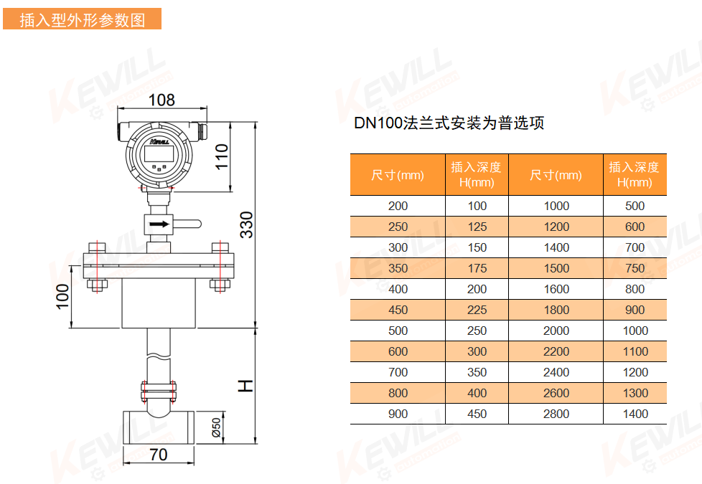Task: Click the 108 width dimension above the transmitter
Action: coord(162,100)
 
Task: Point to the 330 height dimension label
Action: coord(246,224)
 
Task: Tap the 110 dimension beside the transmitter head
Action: coord(222,156)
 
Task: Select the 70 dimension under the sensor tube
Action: coord(159,455)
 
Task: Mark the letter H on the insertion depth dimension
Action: coord(246,386)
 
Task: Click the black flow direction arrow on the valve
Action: coord(159,224)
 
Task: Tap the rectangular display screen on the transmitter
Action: coord(159,153)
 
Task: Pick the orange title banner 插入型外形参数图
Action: coord(82,20)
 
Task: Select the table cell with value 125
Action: coord(477,227)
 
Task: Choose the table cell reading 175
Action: coord(477,268)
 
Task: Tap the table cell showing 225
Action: coord(477,310)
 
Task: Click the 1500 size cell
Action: coord(556,268)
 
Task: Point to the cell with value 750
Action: coord(635,268)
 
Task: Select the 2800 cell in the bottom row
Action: coord(556,414)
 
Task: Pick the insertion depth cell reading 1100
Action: coord(635,351)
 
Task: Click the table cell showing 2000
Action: coord(556,331)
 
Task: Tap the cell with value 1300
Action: coord(635,393)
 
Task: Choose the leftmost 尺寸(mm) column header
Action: coord(398,175)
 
